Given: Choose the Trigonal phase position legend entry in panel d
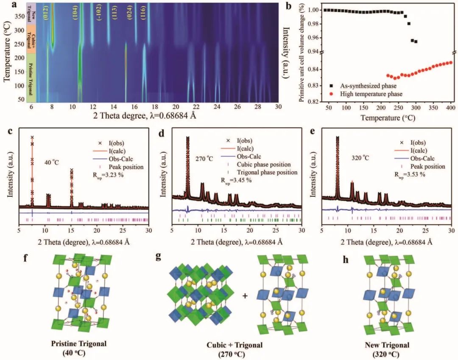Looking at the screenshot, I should (x=261, y=172).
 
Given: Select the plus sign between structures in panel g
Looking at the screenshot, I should (x=245, y=296).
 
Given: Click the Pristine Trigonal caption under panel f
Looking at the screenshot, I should (x=75, y=343).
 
